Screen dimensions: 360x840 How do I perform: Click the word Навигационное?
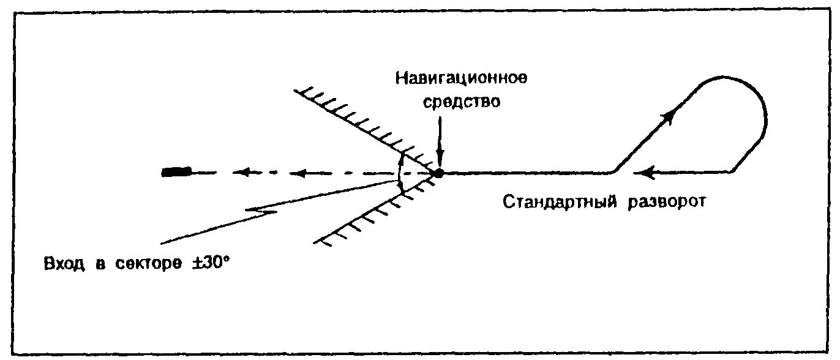pyautogui.click(x=461, y=79)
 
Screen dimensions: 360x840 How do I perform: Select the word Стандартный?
pyautogui.click(x=560, y=202)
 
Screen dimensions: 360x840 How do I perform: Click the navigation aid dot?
pyautogui.click(x=438, y=173)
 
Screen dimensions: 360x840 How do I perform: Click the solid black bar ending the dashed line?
pyautogui.click(x=176, y=172)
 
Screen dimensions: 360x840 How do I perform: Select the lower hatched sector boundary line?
pyautogui.click(x=367, y=214)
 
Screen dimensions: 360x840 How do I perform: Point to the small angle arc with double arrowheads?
pyautogui.click(x=399, y=174)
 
